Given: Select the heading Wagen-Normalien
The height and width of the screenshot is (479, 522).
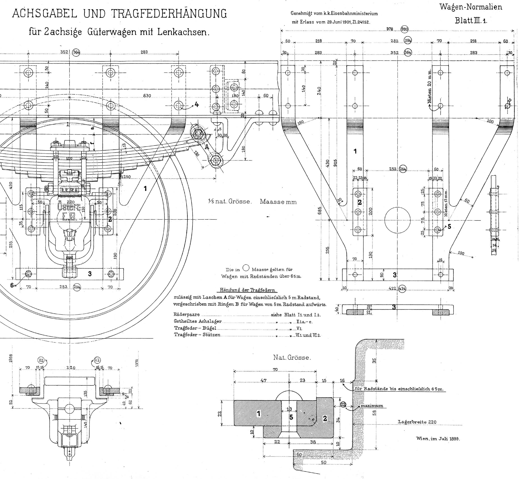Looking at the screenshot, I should [x=471, y=7].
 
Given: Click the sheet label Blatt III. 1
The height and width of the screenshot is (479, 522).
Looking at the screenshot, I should [x=471, y=21].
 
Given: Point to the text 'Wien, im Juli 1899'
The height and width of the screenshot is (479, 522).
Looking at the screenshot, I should [x=438, y=439].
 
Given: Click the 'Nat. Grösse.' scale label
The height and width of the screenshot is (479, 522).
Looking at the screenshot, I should [x=292, y=357].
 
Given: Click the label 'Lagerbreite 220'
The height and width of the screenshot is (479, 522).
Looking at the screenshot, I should [x=417, y=422].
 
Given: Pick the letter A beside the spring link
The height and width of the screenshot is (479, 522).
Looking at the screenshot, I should [x=207, y=147].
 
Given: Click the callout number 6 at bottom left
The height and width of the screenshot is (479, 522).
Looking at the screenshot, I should [x=12, y=285].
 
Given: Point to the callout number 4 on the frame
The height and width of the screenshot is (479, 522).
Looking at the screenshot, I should [x=197, y=105].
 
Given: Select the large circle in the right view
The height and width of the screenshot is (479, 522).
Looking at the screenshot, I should [x=397, y=220].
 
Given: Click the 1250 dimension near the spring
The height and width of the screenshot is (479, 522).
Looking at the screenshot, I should [x=126, y=177].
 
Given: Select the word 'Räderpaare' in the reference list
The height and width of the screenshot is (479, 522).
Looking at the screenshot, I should [x=186, y=314].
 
